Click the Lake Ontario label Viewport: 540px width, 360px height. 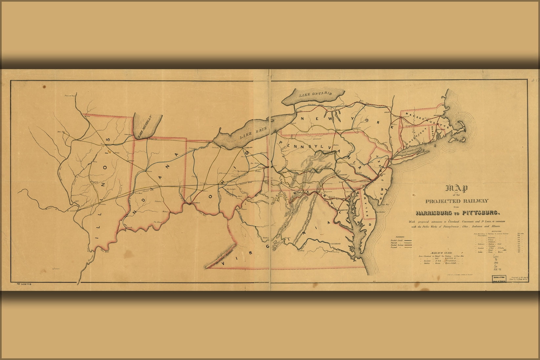click(315, 95)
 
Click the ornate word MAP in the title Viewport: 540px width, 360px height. click(457, 189)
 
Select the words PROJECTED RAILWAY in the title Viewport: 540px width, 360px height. click(457, 201)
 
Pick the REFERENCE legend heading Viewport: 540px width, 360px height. click(400, 237)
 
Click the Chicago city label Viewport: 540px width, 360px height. click(128, 134)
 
